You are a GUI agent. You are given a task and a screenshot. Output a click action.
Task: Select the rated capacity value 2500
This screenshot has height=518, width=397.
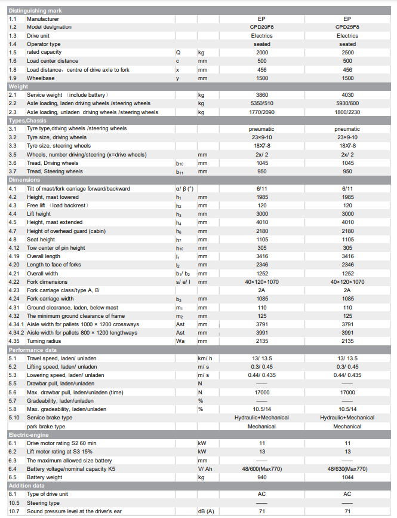(x=347, y=53)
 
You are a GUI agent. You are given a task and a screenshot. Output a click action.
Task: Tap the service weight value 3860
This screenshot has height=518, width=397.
(x=261, y=95)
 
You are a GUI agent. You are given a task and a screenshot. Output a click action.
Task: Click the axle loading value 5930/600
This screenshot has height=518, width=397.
(x=347, y=103)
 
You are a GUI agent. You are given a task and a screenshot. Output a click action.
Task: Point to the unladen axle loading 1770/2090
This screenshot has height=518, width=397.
(x=261, y=112)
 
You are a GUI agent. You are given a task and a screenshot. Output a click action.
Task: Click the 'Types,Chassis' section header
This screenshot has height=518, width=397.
(x=27, y=121)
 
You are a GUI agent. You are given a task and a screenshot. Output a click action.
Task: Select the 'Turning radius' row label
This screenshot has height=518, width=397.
(x=44, y=341)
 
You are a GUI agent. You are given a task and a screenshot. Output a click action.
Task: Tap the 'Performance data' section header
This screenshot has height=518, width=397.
(x=32, y=350)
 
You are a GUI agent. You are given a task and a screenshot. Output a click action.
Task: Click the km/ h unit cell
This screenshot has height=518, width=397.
(x=205, y=358)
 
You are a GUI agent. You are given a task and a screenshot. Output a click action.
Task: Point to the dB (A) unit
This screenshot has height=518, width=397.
(x=206, y=511)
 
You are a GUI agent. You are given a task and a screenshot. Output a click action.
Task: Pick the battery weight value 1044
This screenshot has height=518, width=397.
(x=347, y=477)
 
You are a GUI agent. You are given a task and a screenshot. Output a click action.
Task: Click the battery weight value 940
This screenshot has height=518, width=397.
(x=261, y=477)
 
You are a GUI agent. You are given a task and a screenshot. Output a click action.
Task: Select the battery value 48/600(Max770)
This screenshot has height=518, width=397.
(x=261, y=469)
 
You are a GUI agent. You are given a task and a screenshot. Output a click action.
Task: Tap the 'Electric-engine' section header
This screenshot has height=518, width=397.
(x=28, y=435)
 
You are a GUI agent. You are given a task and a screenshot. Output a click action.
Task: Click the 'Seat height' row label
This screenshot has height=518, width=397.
(x=42, y=240)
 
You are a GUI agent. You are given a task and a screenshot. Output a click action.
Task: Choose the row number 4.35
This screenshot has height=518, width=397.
(x=14, y=341)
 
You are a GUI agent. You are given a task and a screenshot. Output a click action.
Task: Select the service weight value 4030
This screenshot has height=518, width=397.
(x=347, y=95)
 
